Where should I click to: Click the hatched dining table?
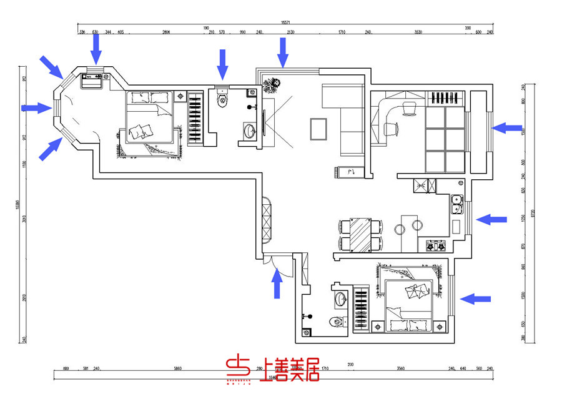pos(360,235)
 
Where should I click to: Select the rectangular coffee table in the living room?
pos(318,129)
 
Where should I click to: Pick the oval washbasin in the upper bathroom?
pos(249,131)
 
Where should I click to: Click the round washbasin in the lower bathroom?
pos(340,298)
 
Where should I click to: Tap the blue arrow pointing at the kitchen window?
pos(491,219)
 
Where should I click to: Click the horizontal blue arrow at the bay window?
pos(36,108)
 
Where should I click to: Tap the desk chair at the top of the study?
pos(410,109)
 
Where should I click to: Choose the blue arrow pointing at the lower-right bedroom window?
pos(476,299)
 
